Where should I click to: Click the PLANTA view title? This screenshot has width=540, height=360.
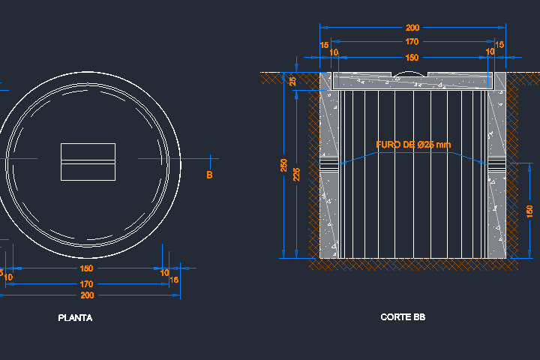pos(75,318)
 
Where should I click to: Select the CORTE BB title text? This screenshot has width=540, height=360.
pos(403,317)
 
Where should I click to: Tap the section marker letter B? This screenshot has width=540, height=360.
pos(209,175)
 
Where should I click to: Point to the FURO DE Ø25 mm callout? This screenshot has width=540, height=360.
pos(413,145)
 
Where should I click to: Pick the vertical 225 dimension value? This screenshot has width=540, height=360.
pos(297,175)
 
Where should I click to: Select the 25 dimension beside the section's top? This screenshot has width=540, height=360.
pos(292,81)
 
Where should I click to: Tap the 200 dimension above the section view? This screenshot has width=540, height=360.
pos(412,27)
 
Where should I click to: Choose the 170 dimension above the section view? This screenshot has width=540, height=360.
pos(412,42)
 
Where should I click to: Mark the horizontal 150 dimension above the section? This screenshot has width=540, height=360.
pos(412,57)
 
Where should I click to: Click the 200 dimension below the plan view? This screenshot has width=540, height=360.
pos(86,295)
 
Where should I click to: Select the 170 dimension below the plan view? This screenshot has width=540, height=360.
pos(86,283)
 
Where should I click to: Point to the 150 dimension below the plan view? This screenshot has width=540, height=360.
pos(86,268)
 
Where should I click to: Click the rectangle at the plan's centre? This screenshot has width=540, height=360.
pos(88,161)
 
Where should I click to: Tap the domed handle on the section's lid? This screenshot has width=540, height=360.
pos(412,73)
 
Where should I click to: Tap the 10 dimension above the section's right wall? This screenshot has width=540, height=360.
pos(490,52)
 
